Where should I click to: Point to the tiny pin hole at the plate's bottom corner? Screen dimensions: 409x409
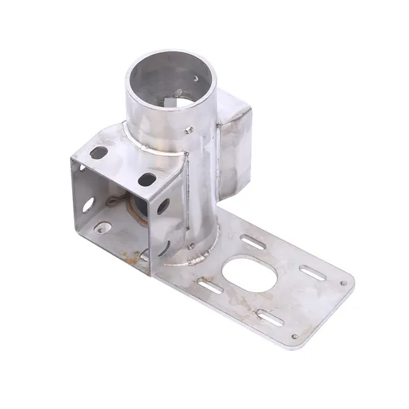click(294, 338)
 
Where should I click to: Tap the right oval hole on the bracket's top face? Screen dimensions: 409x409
click(147, 178)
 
